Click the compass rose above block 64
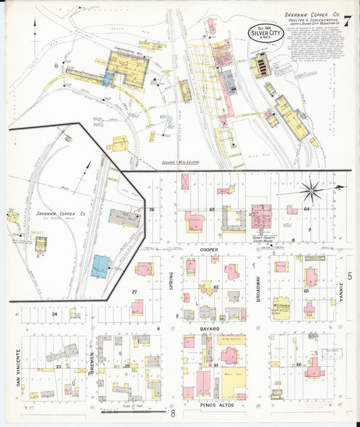tap(311, 189)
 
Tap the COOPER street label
tap(210, 249)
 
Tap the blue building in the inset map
tap(101, 266)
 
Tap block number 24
tap(54, 314)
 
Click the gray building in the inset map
tap(124, 218)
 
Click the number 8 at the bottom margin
tap(173, 413)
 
